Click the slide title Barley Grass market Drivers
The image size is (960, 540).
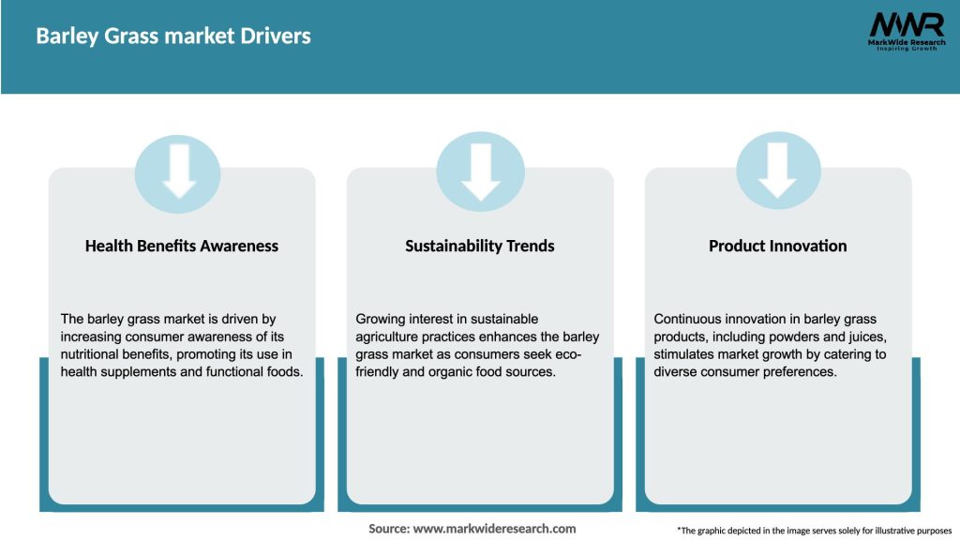173,37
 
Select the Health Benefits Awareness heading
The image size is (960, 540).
182,247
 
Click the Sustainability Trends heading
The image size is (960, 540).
480,247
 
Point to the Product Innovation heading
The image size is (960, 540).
777,247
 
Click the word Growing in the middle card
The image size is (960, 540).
381,320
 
